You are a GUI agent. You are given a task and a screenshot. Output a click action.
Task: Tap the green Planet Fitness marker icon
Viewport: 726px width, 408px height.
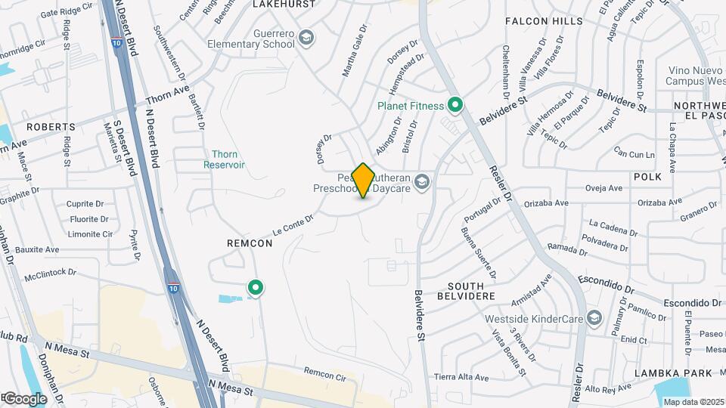455,105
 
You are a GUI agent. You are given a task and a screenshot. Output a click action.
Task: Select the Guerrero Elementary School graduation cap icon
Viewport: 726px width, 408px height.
306,37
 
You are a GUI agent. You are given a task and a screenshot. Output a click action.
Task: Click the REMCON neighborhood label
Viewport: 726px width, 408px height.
244,244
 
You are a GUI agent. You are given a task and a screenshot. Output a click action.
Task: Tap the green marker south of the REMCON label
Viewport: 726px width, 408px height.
256,288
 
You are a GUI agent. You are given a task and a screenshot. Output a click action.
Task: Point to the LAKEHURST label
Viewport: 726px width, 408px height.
283,4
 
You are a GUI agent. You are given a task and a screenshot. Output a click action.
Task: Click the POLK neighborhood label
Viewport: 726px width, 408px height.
647,176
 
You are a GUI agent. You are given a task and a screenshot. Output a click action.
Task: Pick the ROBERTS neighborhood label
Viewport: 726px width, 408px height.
51,127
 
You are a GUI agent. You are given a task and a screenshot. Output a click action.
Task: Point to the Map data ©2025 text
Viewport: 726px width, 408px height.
693,401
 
